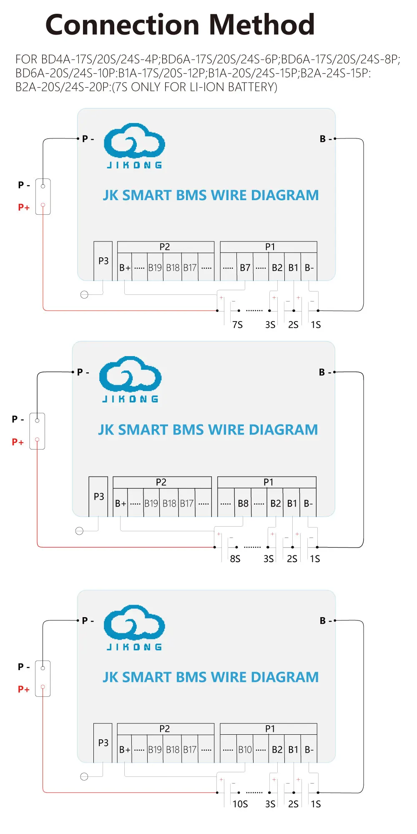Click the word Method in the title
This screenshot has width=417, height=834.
[x=262, y=25]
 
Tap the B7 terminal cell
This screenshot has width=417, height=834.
[x=245, y=268]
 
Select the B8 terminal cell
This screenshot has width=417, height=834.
[x=243, y=503]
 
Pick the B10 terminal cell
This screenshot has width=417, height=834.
[x=245, y=749]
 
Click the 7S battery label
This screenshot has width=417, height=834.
[x=237, y=325]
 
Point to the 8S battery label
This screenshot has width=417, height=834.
[x=235, y=559]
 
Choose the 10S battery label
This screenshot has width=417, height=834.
[x=240, y=804]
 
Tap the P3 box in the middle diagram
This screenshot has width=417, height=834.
[x=99, y=497]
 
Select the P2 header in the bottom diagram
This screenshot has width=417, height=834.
[x=165, y=728]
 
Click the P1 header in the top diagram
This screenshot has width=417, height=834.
[x=270, y=247]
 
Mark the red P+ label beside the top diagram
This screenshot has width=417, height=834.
[x=24, y=207]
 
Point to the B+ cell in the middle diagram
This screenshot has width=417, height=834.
[x=121, y=503]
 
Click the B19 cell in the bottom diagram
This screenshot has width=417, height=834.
[x=155, y=749]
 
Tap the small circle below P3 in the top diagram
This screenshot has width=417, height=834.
[x=84, y=295]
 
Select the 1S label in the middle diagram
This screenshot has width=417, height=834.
[x=315, y=559]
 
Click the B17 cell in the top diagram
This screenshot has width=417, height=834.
[x=190, y=268]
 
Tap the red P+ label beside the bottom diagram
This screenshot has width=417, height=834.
[x=24, y=689]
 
